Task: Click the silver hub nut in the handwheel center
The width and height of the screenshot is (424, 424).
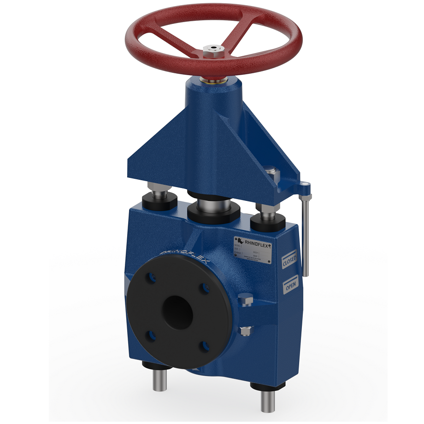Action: tap(213, 49)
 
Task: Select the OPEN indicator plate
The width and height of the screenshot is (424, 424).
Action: tap(291, 286)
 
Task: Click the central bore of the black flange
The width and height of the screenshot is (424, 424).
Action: tap(178, 312)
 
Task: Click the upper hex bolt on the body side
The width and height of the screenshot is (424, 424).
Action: tap(246, 301)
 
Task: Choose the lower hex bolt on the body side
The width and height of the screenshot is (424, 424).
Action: tap(246, 330)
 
